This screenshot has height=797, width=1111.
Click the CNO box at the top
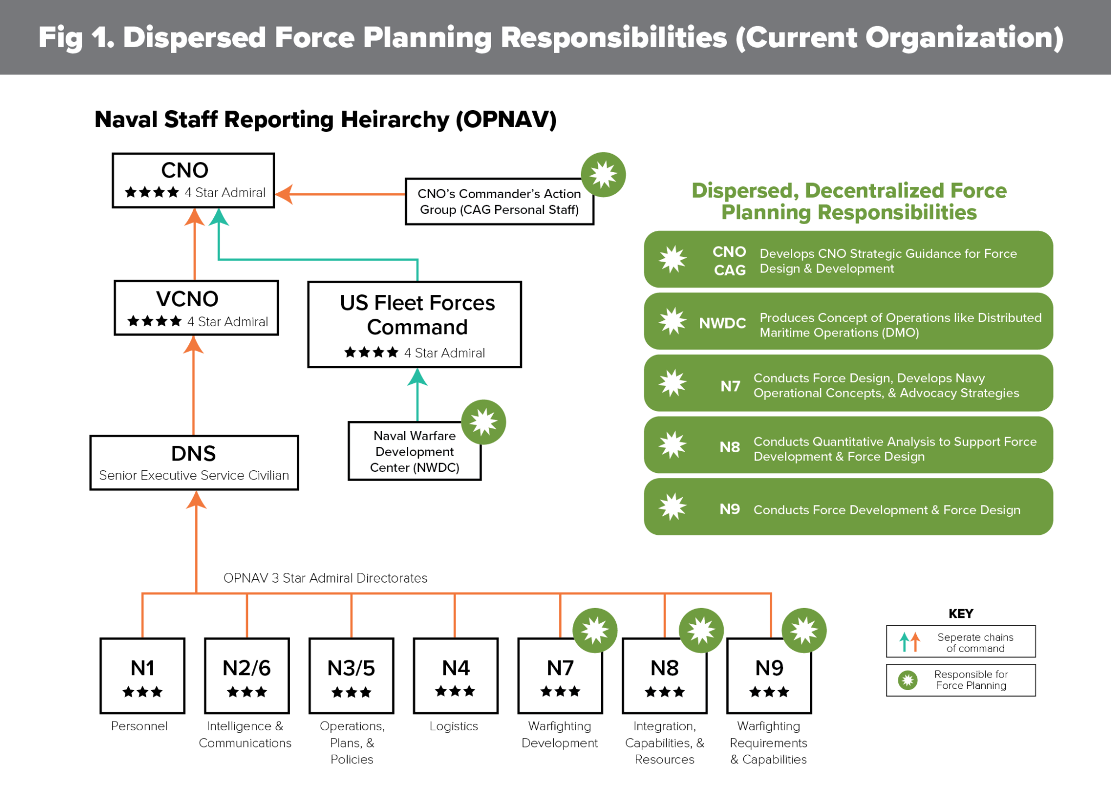[x=193, y=180]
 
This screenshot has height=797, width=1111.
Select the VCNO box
[x=196, y=308]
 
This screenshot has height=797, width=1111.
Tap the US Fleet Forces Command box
[x=414, y=324]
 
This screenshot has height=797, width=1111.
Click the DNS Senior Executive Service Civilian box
[x=194, y=463]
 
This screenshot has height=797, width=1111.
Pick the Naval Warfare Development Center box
[x=414, y=451]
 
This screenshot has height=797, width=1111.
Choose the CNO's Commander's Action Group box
[x=499, y=201]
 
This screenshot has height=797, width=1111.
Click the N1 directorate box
[x=143, y=675]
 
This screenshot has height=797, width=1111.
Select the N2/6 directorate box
[x=247, y=675]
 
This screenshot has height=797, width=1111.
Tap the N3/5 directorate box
[x=351, y=675]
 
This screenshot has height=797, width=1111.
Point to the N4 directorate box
[x=456, y=675]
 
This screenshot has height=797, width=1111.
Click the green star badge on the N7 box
[x=595, y=630]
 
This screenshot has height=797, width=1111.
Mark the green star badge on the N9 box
[x=804, y=630]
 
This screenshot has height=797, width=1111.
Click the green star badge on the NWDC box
[x=483, y=422]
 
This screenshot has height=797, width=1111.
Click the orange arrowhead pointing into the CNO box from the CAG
[x=284, y=194]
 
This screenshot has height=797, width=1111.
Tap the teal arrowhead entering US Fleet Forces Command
[x=417, y=377]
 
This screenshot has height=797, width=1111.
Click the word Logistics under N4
[x=454, y=726]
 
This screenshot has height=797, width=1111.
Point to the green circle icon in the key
[x=908, y=680]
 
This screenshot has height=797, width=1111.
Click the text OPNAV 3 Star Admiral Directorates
[x=325, y=578]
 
